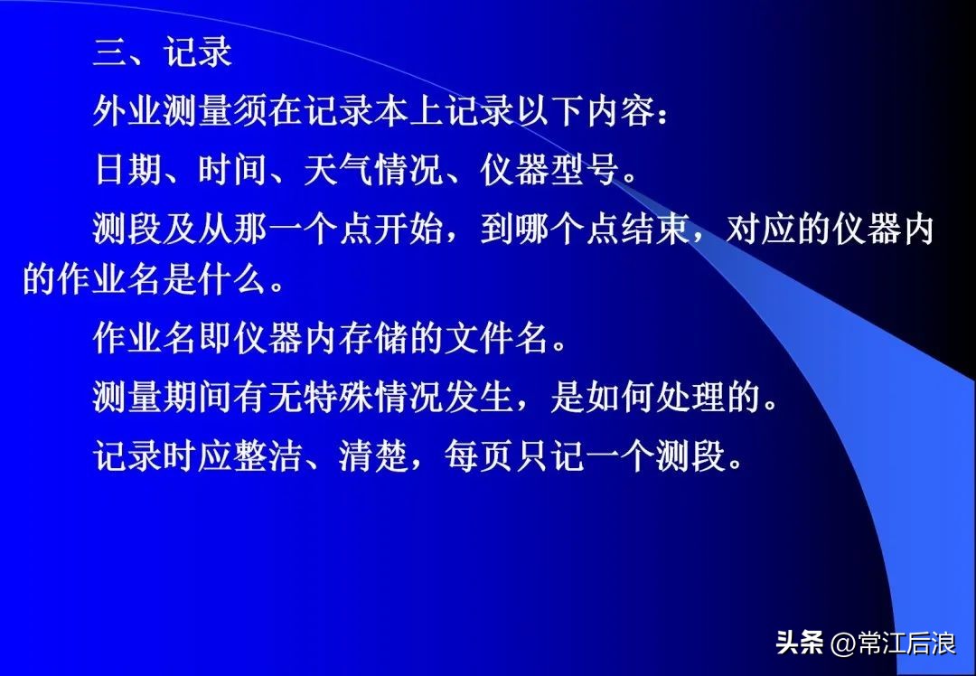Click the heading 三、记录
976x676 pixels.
163,53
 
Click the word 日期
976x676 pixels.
127,169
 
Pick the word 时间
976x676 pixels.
233,169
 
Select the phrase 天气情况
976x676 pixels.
374,169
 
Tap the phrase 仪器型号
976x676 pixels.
550,169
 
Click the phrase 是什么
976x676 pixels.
215,280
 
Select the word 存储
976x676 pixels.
374,339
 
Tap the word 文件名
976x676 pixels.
497,339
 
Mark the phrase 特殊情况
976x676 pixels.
374,398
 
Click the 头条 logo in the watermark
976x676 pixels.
800,643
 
